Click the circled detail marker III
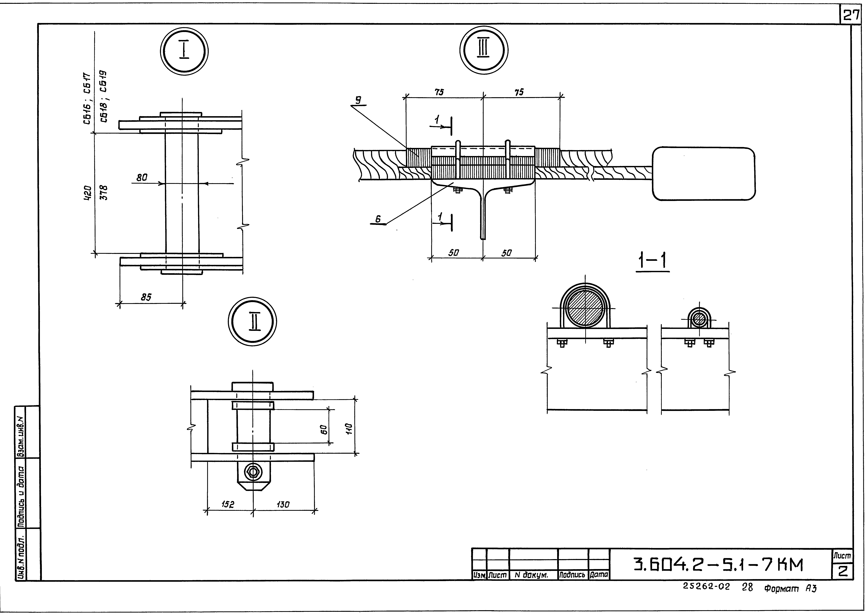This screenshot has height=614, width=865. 484,51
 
